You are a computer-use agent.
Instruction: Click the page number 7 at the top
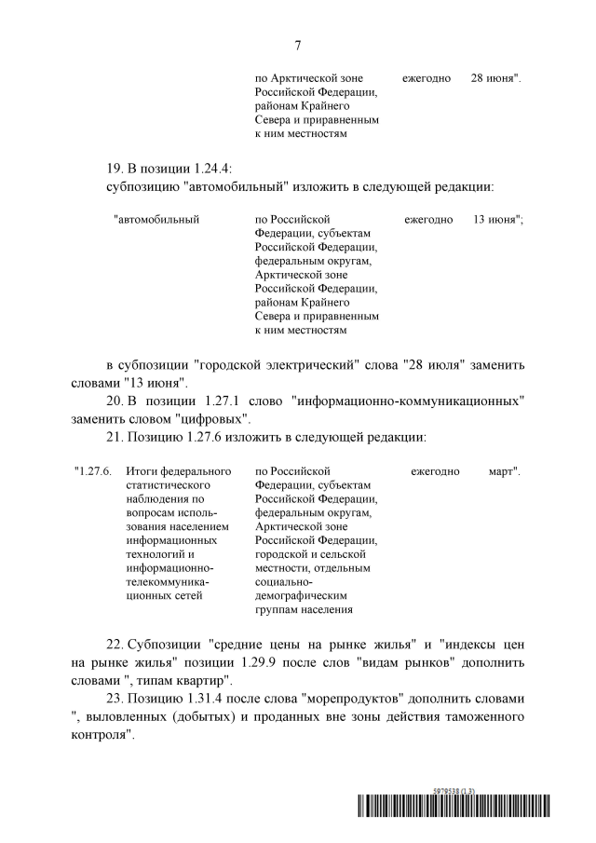[297, 44]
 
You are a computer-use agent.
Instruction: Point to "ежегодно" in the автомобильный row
[428, 221]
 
